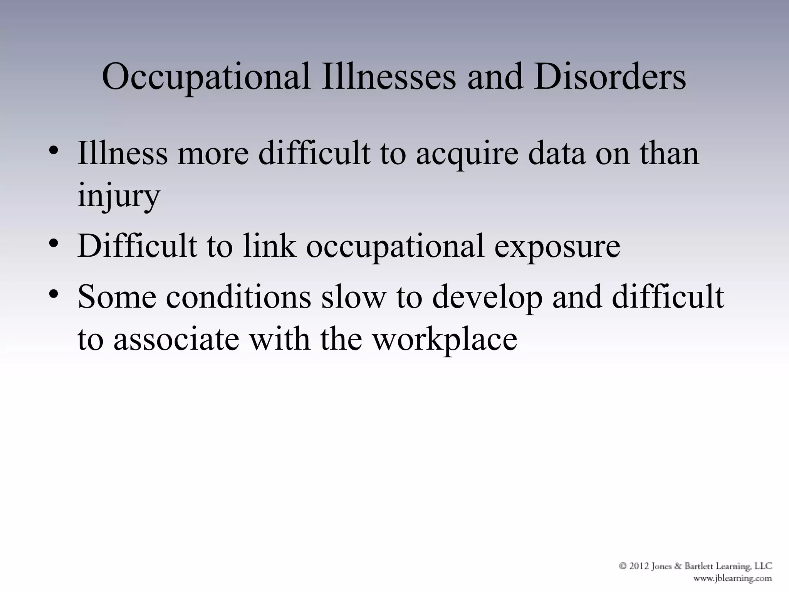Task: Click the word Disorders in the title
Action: click(610, 76)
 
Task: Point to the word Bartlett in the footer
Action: click(692, 566)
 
